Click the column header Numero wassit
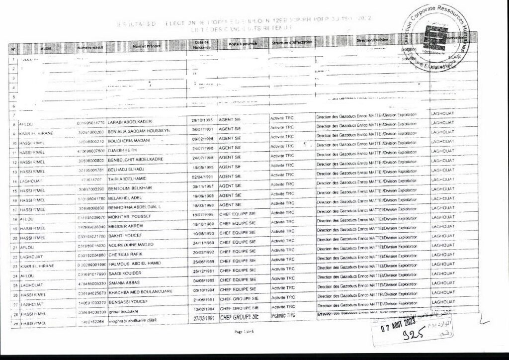pos(90,47)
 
